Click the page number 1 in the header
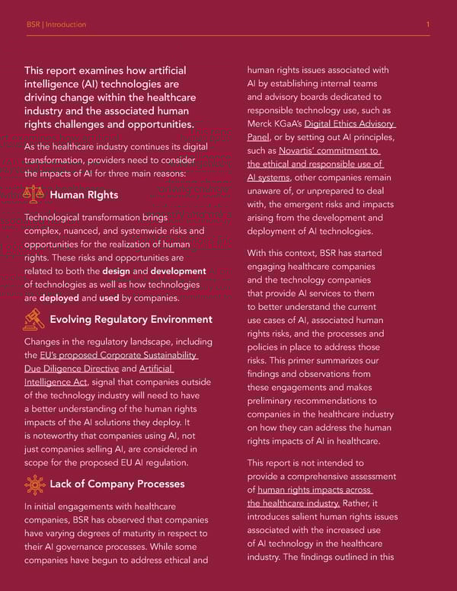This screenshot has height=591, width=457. (x=428, y=24)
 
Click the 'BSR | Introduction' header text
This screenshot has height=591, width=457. (x=56, y=24)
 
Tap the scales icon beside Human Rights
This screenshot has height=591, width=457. (x=34, y=195)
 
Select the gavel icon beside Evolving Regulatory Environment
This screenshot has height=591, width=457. (x=34, y=318)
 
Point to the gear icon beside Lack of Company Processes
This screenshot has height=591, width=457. (x=34, y=484)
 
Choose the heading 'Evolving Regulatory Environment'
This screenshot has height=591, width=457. (x=131, y=319)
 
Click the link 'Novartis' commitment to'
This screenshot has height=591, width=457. (x=329, y=151)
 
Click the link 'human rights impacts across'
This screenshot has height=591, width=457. (x=314, y=490)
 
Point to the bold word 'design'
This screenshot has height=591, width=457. (x=116, y=271)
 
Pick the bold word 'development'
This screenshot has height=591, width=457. (x=178, y=271)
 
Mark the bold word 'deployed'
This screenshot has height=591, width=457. (x=59, y=298)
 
